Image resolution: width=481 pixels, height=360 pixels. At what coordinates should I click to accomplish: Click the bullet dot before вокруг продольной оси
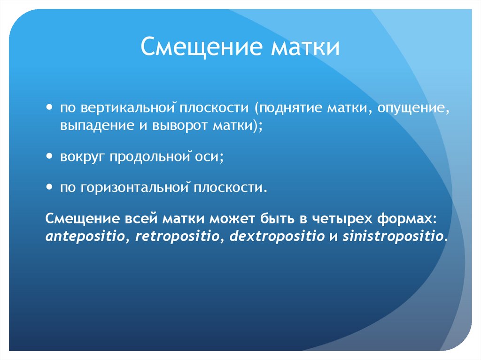[x=50, y=157]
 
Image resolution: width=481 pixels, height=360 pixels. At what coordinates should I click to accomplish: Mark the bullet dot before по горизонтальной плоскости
[x=50, y=187]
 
